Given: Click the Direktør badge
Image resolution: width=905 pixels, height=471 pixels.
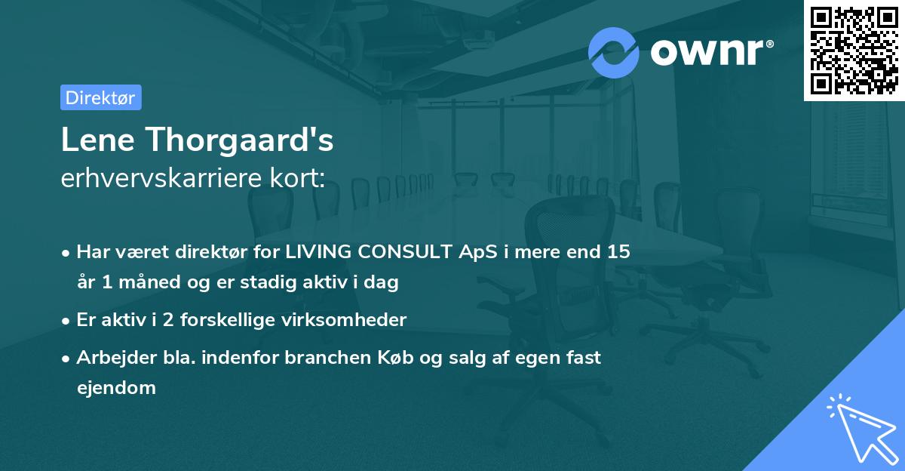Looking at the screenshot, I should [100, 97].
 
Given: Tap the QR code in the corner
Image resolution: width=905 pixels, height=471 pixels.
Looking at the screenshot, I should [854, 50].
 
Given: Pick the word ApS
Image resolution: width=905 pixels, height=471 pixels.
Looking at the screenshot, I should [477, 252].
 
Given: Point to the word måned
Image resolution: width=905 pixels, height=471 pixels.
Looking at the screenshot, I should [147, 283].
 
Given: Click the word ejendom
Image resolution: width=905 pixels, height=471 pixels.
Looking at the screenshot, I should [116, 388].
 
